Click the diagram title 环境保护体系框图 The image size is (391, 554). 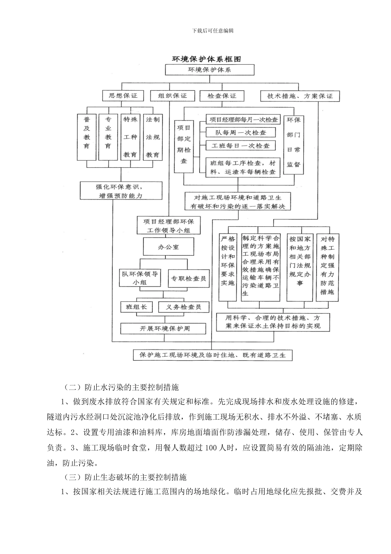[x=206, y=59]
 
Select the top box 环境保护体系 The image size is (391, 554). [x=209, y=70]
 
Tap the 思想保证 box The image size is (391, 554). [x=123, y=96]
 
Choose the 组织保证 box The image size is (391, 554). [x=172, y=96]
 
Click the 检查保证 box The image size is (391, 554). [x=222, y=96]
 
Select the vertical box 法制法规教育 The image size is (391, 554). [x=153, y=137]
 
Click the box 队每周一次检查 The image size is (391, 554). [x=241, y=133]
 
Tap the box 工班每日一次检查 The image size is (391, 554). [x=241, y=146]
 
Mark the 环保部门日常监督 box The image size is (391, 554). [x=293, y=142]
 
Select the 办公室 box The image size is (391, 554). [x=168, y=247]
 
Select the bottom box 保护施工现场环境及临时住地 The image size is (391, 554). [x=212, y=355]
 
